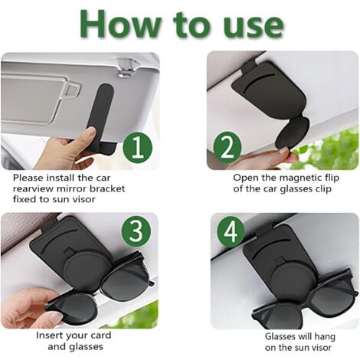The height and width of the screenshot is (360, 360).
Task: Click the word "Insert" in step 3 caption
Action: pos(52,335)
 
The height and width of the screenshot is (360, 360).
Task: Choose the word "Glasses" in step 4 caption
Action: pos(283,335)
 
